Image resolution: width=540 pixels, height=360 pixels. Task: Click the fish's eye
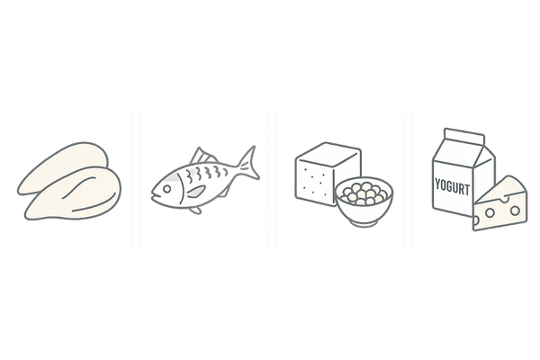click(167, 189)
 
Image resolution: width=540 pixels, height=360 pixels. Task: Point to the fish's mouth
click(154, 196)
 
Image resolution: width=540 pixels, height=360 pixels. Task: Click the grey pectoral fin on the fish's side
click(196, 191)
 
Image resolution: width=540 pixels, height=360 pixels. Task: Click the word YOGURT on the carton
click(452, 186)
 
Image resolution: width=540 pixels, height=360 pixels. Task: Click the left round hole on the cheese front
click(490, 213)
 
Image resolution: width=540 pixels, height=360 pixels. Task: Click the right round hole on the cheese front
click(515, 210)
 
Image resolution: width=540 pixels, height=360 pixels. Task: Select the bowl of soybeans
click(364, 202)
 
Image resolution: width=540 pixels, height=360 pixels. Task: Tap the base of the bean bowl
click(364, 223)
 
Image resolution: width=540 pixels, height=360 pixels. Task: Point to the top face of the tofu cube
click(328, 155)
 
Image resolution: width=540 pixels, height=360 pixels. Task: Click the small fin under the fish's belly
click(195, 210)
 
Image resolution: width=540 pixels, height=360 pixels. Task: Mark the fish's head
click(166, 190)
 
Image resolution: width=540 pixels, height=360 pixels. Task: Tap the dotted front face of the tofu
click(314, 184)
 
